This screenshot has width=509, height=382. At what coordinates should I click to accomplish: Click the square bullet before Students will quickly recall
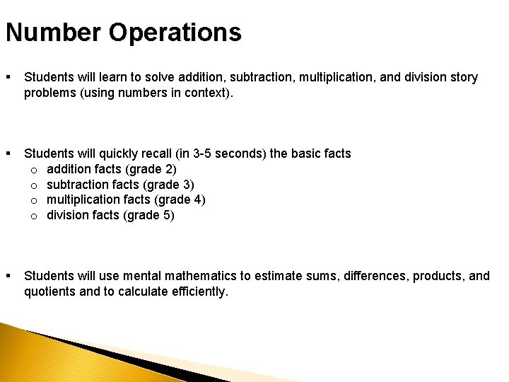[x=8, y=154]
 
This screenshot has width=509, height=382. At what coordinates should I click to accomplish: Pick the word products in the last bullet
[x=436, y=275]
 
